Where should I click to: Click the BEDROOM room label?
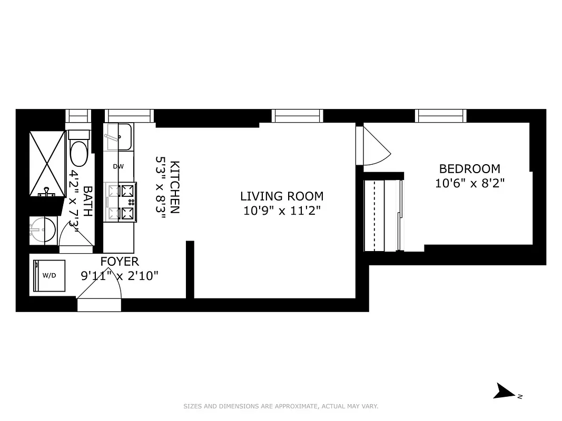tap(469, 169)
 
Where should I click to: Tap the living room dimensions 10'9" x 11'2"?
tap(282, 211)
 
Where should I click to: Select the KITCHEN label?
tap(175, 187)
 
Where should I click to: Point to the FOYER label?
tap(120, 262)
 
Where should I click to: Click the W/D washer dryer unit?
tap(50, 275)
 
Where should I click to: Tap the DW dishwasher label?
tap(118, 167)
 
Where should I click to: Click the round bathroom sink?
tap(42, 230)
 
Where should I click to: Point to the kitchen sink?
tap(118, 136)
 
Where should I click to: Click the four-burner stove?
tap(121, 202)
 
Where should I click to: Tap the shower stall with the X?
tap(47, 163)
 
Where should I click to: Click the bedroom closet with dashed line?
tap(382, 215)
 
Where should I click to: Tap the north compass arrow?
tap(506, 392)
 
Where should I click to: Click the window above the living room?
tap(298, 115)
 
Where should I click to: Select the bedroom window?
tap(441, 115)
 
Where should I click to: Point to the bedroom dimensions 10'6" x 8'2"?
tap(469, 184)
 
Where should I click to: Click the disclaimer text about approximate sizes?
tap(281, 406)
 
